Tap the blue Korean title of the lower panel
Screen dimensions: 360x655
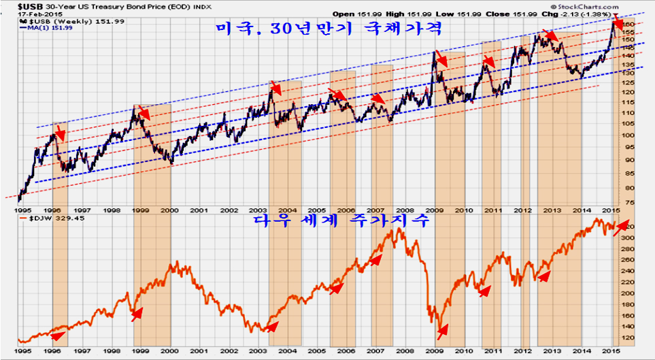click(340, 222)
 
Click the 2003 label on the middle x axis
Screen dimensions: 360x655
click(258, 212)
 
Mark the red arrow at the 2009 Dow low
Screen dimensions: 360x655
click(442, 331)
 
